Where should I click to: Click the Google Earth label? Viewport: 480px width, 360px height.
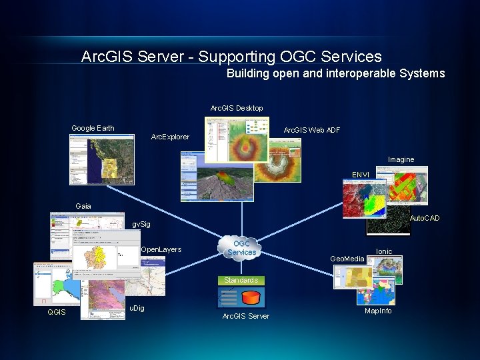coord(93,128)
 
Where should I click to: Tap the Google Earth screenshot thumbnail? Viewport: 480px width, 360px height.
coord(101,159)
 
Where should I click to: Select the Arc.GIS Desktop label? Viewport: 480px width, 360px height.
coord(237,108)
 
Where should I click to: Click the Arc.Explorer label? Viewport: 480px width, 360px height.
coord(170,137)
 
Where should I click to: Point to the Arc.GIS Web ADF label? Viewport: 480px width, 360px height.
coord(312,130)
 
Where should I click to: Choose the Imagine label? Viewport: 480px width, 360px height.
coord(401,159)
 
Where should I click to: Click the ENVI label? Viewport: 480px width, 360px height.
coord(361,175)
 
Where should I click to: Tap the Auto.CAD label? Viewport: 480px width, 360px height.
coord(424,218)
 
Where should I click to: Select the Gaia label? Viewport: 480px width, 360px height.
coord(83,206)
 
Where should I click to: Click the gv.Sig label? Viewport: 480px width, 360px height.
coord(141,225)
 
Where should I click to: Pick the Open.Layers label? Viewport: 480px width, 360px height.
coord(161,249)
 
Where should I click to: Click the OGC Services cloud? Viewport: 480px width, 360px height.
coord(241,248)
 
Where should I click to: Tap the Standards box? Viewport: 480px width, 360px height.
coord(241,280)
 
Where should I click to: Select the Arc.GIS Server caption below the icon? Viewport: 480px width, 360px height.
coord(245,316)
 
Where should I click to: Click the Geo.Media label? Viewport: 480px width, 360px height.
coord(347,259)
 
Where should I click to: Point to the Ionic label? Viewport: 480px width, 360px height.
coord(384,251)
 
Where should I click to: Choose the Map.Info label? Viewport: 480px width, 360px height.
coord(378,311)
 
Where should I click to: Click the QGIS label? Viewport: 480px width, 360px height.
coord(56,312)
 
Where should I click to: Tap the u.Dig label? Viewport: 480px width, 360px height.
coord(137,308)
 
